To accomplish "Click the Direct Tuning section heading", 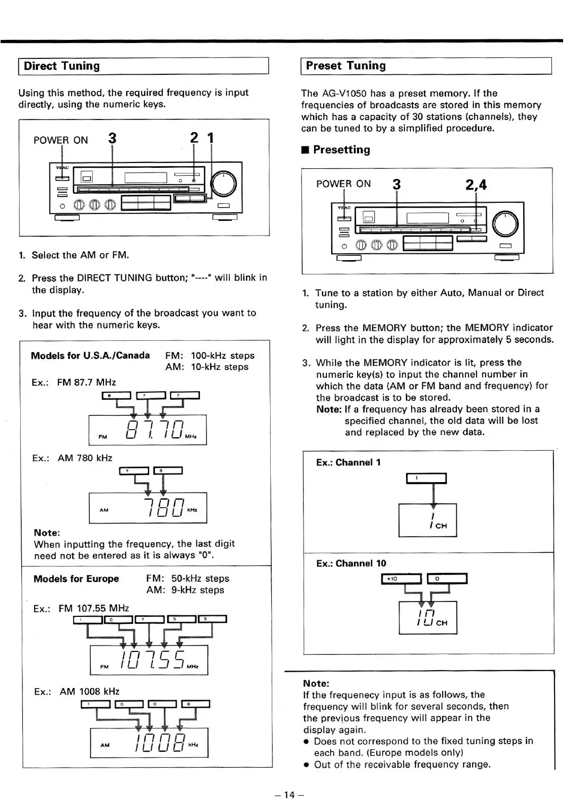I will (x=62, y=66).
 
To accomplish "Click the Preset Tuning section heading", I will (x=345, y=66).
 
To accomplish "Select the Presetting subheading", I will (x=341, y=150).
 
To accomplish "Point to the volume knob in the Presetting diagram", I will (x=505, y=224).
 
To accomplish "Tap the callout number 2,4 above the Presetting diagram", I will (x=475, y=185).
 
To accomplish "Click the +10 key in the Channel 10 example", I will (x=401, y=579).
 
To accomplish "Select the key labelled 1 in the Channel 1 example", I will (x=426, y=478).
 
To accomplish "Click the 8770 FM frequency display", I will (x=148, y=430).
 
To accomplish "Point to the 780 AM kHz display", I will (x=148, y=508).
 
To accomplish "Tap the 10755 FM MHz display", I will (x=149, y=660).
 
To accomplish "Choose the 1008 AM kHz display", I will (x=149, y=742).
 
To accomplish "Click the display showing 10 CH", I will (x=428, y=617).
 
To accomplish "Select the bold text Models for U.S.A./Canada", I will (x=90, y=356).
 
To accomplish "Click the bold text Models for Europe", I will (x=76, y=579).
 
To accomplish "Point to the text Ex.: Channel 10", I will (x=351, y=563).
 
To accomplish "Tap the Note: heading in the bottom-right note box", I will (x=316, y=683).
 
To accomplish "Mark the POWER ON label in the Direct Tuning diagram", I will (x=60, y=140).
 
